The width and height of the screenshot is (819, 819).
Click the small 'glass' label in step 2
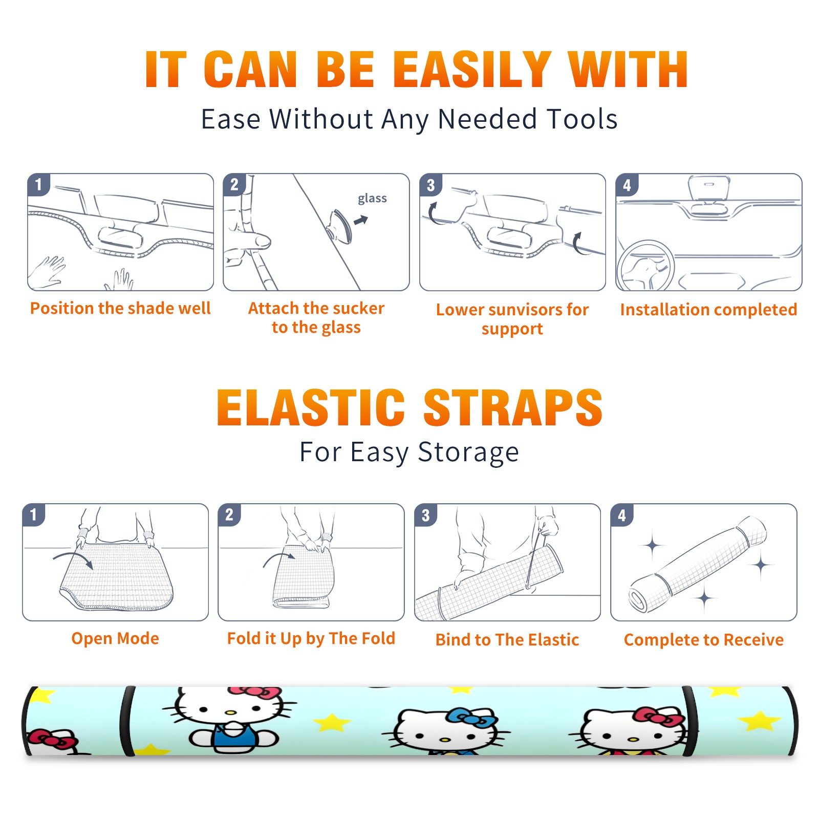point(372,199)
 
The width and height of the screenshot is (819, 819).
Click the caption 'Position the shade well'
point(120,308)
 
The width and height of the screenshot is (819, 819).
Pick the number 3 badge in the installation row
point(430,185)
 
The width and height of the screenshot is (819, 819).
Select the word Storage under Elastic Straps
point(468,452)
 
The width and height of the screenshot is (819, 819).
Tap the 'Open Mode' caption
point(115,638)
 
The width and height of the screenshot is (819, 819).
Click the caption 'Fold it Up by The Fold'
point(311,638)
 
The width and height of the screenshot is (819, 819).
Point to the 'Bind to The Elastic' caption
point(507,639)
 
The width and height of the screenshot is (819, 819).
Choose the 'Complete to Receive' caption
point(704,639)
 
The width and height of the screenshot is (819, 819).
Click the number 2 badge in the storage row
point(229,515)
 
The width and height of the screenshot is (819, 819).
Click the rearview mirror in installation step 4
point(709,188)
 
